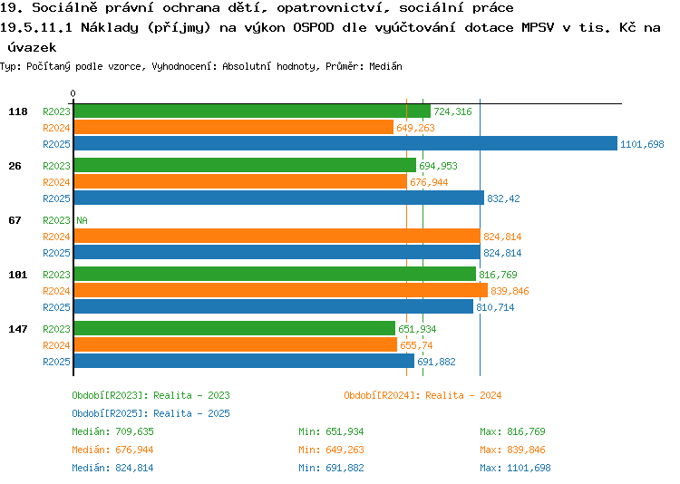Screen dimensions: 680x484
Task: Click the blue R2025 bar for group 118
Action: [x=345, y=143]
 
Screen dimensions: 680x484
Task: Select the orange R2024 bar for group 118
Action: [x=234, y=128]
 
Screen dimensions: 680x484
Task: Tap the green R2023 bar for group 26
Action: [x=245, y=165]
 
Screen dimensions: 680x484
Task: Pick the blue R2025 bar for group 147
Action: [x=244, y=361]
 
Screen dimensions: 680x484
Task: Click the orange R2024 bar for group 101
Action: [x=281, y=290]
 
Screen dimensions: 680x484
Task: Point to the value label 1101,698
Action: [x=642, y=144]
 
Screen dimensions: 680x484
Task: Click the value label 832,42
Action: [x=503, y=198]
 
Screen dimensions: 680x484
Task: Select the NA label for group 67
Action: [x=82, y=220]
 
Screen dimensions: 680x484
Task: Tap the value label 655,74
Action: [x=416, y=345]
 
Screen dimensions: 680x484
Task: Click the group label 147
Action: [x=18, y=329]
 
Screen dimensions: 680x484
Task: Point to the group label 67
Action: [x=15, y=220]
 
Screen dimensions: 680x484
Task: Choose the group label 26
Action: [x=15, y=166]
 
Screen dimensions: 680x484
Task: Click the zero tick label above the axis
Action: [x=73, y=93]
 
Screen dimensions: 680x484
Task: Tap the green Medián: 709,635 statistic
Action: [x=112, y=431]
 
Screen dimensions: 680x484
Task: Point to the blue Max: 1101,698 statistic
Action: [x=515, y=468]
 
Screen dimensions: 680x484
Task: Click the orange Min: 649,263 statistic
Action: [x=331, y=450]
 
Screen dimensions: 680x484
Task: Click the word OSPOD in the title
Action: [x=314, y=27]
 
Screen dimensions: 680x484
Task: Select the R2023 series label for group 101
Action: [x=56, y=275]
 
